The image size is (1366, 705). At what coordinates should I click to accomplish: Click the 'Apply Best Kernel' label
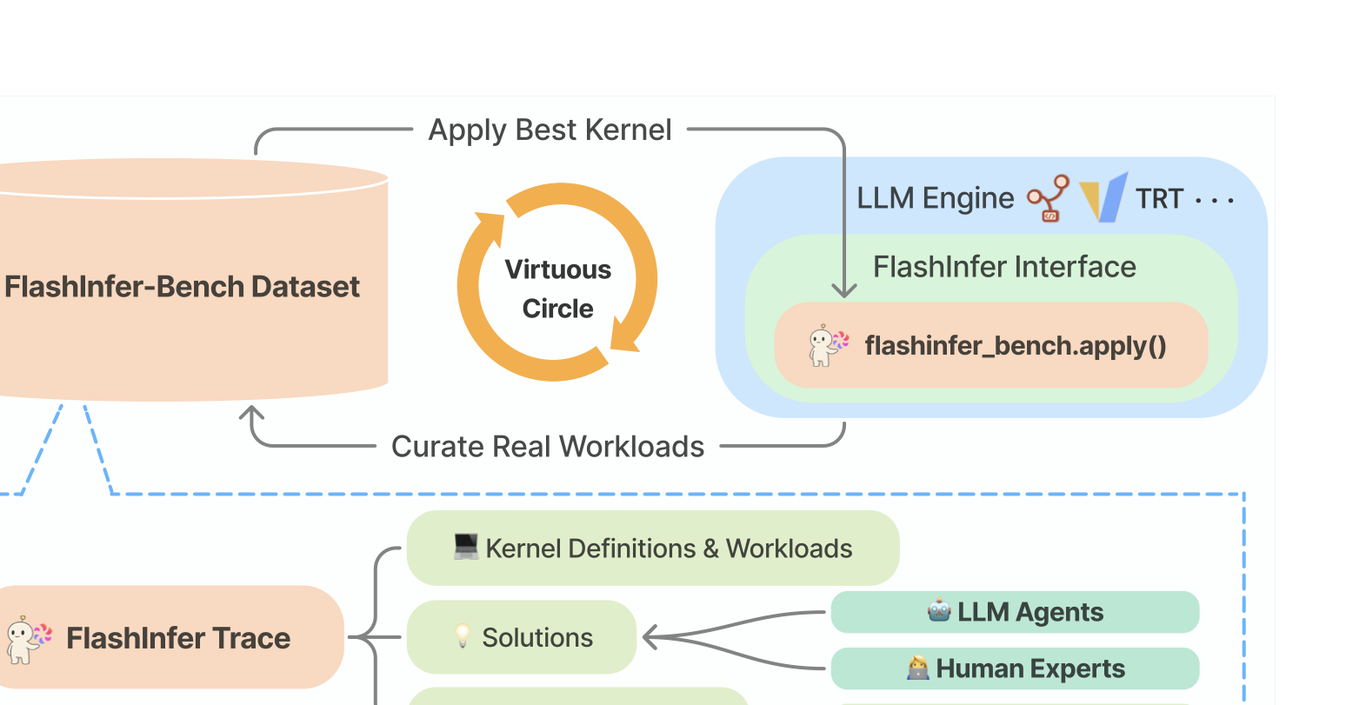(x=550, y=130)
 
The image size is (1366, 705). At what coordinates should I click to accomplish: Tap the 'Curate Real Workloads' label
(x=548, y=447)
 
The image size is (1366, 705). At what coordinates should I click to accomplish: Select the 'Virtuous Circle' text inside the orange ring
(x=557, y=289)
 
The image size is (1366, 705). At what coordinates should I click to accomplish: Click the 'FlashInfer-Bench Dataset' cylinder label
(x=182, y=287)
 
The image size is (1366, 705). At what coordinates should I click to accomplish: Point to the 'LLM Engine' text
(x=935, y=198)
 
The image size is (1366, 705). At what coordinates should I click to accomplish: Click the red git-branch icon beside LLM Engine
(x=1049, y=198)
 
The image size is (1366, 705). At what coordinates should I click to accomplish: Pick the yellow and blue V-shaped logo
(x=1103, y=198)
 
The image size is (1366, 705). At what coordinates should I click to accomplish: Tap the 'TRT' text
(x=1159, y=199)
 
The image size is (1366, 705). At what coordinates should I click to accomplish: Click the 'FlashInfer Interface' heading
(x=1004, y=267)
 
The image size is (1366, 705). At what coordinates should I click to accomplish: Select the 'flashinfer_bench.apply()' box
(x=991, y=345)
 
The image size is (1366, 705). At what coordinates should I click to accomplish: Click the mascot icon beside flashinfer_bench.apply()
(x=827, y=345)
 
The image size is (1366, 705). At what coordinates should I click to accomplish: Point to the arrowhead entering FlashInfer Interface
(x=843, y=290)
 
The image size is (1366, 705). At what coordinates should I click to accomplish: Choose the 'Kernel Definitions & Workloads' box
(x=653, y=549)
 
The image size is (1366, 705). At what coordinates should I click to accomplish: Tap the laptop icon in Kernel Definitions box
(x=466, y=547)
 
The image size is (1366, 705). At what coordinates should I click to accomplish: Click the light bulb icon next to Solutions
(x=463, y=636)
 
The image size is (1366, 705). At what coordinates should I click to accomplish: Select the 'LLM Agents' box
(x=1015, y=612)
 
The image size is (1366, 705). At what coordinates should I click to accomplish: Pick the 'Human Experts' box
(x=1015, y=668)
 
